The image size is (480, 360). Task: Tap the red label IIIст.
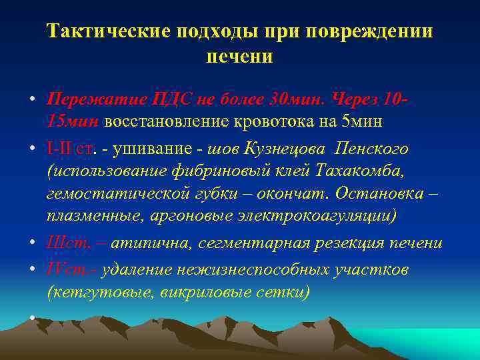67,243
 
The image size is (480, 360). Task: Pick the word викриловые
203,291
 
